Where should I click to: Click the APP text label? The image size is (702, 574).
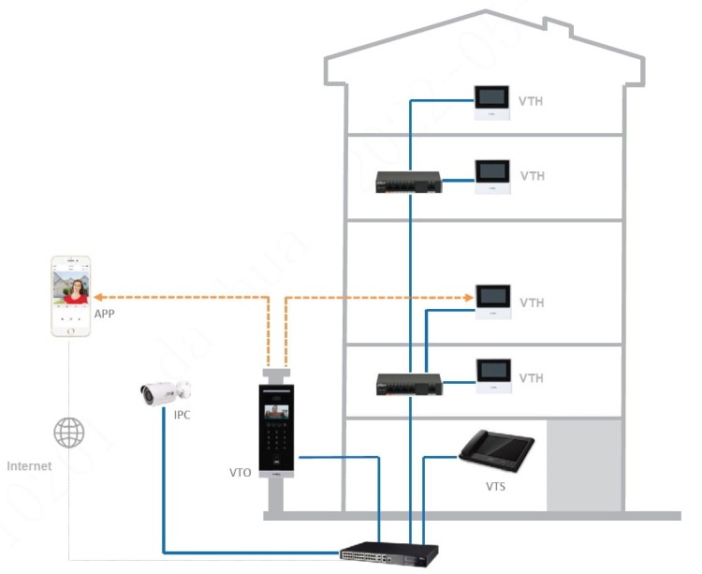[x=105, y=315]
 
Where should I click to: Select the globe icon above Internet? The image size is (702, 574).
[x=68, y=433]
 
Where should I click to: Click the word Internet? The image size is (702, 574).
[x=30, y=465]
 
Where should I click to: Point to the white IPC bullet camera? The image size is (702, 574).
[x=164, y=392]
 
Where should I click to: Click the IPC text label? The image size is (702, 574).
[x=182, y=415]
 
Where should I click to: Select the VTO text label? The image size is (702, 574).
[x=240, y=474]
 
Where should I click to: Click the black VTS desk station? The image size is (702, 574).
[x=495, y=451]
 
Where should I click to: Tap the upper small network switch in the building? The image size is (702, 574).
[x=408, y=183]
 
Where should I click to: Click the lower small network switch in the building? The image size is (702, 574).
[x=408, y=384]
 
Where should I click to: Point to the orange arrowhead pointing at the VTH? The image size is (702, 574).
[x=468, y=299]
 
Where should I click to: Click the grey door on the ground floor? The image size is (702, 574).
[x=582, y=465]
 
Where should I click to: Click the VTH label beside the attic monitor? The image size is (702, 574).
[x=532, y=101]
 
